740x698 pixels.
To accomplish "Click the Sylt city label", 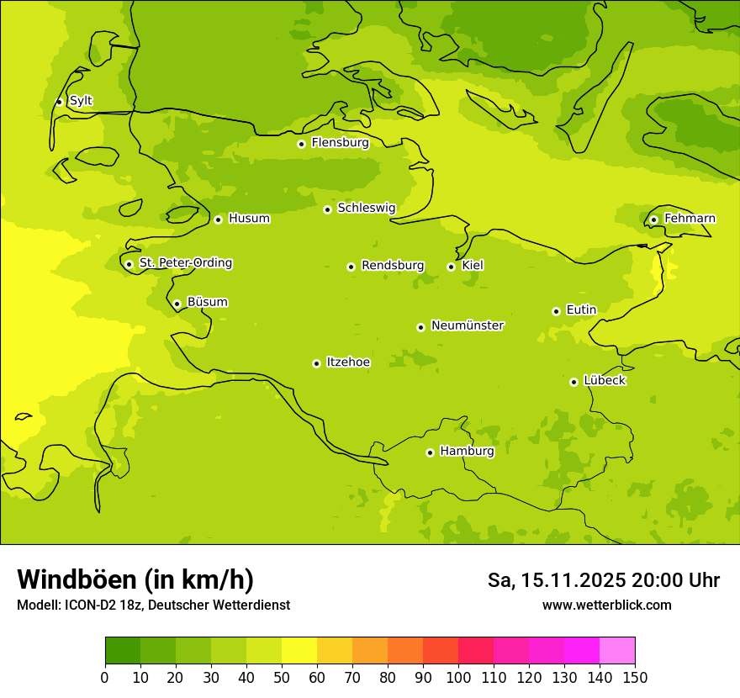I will [x=81, y=101].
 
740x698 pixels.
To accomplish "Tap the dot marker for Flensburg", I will [x=301, y=144].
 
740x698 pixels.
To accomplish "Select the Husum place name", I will [x=249, y=219].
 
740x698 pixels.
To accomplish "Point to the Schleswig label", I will [x=366, y=208].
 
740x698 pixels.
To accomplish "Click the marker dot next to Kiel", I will [x=451, y=267].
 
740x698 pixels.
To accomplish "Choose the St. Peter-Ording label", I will [x=185, y=263].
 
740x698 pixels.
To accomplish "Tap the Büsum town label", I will [x=207, y=302].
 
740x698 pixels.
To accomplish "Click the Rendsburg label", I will [x=393, y=266].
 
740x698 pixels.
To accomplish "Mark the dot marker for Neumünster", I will [x=420, y=327].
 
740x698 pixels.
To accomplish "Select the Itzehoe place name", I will [x=348, y=362].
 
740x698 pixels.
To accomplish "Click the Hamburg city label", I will [x=467, y=452].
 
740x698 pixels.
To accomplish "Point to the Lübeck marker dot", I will [x=573, y=382].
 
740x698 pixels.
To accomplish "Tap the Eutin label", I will [x=581, y=310].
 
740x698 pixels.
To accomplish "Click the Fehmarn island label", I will [x=690, y=219].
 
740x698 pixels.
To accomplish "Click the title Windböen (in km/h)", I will [x=135, y=579].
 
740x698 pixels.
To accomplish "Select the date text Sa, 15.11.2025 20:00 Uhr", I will [x=603, y=580].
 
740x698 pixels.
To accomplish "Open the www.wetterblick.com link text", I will [x=606, y=605].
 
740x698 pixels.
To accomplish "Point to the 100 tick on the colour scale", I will [x=458, y=677].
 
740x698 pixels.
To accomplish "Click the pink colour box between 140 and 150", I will [x=617, y=651].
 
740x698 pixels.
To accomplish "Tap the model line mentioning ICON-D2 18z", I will [x=153, y=605].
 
